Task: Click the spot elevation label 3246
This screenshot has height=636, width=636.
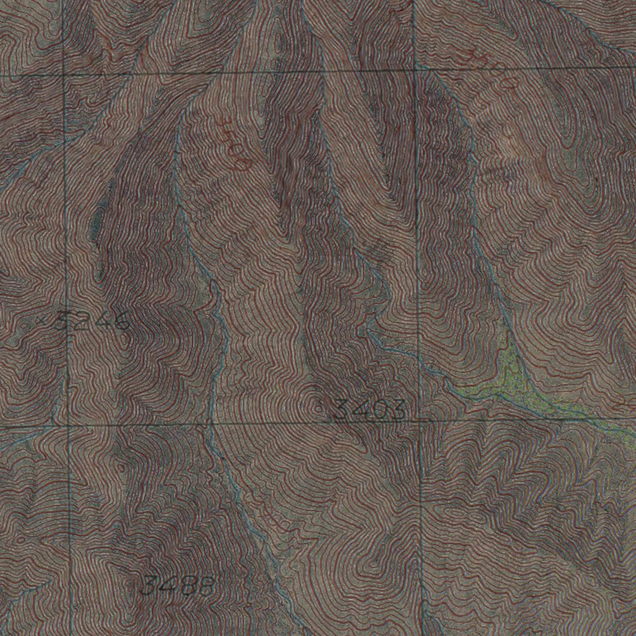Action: click(x=93, y=321)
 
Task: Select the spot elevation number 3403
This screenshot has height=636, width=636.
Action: click(x=370, y=410)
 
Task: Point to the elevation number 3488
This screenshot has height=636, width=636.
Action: click(x=178, y=585)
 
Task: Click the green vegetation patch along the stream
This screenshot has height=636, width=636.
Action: click(x=509, y=379)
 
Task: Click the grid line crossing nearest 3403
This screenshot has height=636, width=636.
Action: click(x=420, y=421)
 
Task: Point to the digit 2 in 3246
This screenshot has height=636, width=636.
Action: click(x=79, y=321)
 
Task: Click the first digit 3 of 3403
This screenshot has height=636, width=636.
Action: click(x=342, y=410)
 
